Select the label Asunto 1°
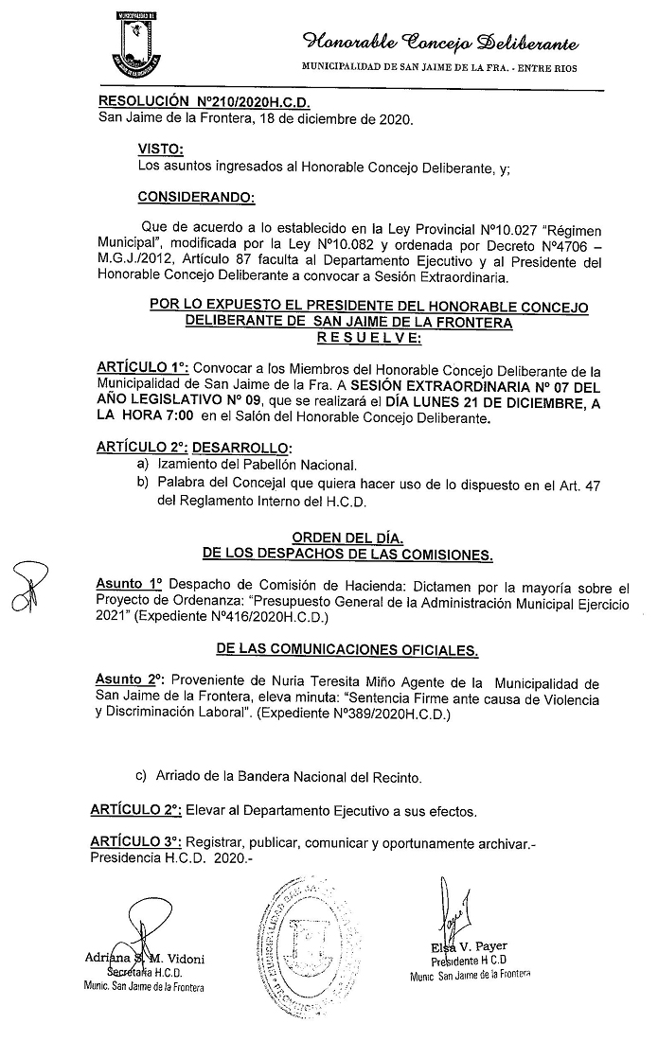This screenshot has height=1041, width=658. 129,586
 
